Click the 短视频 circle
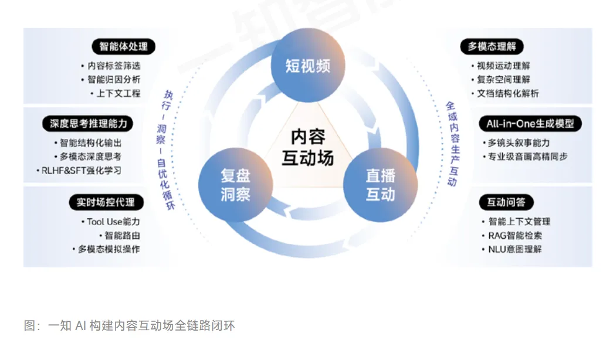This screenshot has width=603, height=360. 307,66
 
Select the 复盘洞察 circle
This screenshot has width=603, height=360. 236,185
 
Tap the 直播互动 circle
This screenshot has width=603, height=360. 380,185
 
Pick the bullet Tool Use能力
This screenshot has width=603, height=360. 110,222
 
